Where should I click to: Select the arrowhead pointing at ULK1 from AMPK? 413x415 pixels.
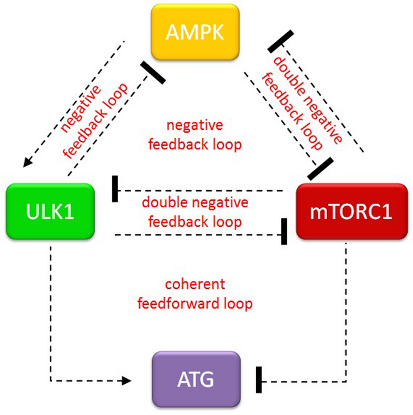pos(25,162)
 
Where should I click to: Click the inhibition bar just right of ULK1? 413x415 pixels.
pos(115,190)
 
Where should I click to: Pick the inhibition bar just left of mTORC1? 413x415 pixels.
pos(284,232)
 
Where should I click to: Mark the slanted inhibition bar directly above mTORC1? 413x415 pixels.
pos(320,169)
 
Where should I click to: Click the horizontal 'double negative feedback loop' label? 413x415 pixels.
pos(195,212)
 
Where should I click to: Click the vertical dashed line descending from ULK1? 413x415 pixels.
pos(50,312)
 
